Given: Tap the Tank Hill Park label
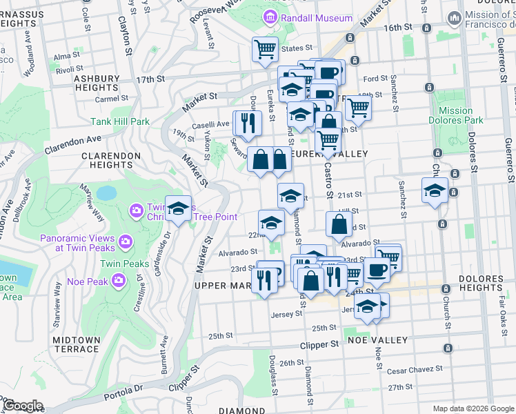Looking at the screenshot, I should [119, 121].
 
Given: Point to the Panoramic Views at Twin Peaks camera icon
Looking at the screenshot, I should [125, 241].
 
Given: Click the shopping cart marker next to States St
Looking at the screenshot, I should [265, 50].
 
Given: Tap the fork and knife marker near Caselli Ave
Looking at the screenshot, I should [247, 124].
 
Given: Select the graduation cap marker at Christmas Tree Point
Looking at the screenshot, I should [178, 209].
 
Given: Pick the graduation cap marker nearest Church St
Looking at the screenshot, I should [435, 191].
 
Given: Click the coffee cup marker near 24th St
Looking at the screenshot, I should [377, 270].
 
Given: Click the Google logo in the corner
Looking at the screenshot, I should [22, 406].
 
